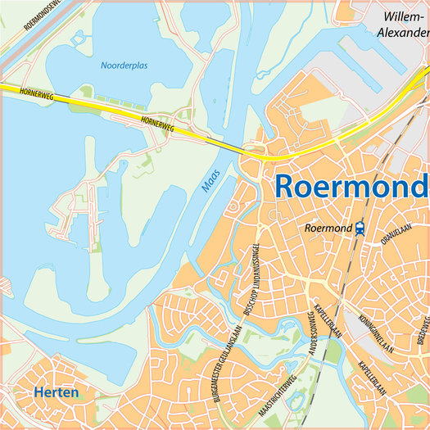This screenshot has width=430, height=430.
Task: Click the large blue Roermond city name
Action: tap(351, 185)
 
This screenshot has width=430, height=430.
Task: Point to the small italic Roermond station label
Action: tap(327, 229)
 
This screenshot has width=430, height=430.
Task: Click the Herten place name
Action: tap(57, 393)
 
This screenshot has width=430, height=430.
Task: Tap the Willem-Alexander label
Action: tap(402, 25)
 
